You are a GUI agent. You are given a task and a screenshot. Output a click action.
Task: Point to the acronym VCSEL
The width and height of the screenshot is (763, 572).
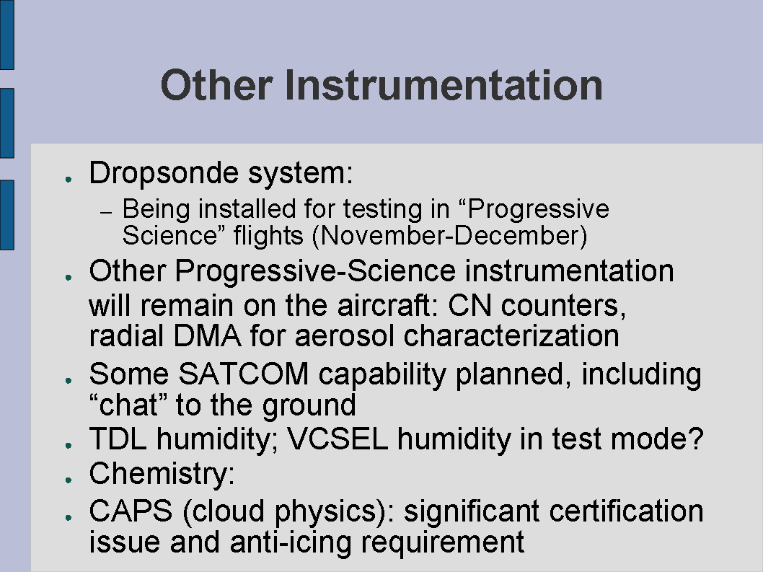338,439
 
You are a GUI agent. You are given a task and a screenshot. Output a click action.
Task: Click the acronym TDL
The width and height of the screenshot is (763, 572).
118,439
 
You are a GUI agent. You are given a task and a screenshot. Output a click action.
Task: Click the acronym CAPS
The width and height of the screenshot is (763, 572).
131,511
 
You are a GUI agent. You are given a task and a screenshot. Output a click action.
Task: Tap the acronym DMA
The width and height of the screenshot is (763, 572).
207,336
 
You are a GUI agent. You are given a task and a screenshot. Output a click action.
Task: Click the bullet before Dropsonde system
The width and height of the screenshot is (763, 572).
69,180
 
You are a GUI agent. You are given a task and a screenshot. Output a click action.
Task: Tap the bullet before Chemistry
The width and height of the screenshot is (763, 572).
69,480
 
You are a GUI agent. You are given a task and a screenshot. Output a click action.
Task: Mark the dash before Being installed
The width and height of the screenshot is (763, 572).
106,213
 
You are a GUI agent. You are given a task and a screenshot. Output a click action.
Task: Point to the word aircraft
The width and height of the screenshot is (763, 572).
384,306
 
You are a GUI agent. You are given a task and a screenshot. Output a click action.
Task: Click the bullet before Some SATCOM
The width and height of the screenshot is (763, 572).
69,380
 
